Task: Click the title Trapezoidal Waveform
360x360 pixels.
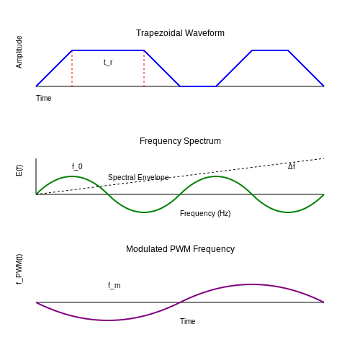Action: (x=180, y=33)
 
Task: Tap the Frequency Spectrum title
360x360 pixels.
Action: (x=180, y=141)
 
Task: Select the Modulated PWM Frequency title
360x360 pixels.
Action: (x=180, y=249)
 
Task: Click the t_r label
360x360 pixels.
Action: (x=108, y=63)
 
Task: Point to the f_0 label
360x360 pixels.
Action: (x=77, y=166)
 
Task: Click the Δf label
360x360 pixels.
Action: (x=292, y=166)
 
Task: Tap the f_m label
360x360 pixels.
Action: (x=114, y=286)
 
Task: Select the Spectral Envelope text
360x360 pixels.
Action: (x=138, y=178)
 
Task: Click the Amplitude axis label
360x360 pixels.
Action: (x=19, y=52)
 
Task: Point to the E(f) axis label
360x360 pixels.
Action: (x=19, y=171)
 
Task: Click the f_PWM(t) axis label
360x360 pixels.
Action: (x=19, y=269)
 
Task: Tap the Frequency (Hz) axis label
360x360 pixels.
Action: (x=205, y=213)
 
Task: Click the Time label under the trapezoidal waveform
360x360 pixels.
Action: (x=44, y=98)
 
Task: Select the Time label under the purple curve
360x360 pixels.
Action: (x=188, y=321)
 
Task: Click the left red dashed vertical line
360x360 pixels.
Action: (x=72, y=68)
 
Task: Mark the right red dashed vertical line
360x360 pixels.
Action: (x=144, y=68)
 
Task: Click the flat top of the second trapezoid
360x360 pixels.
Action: (x=270, y=50)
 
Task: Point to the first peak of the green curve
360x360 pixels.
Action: (x=72, y=176)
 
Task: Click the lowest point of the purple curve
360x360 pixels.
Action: (x=108, y=320)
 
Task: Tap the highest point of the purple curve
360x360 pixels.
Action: (x=252, y=284)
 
